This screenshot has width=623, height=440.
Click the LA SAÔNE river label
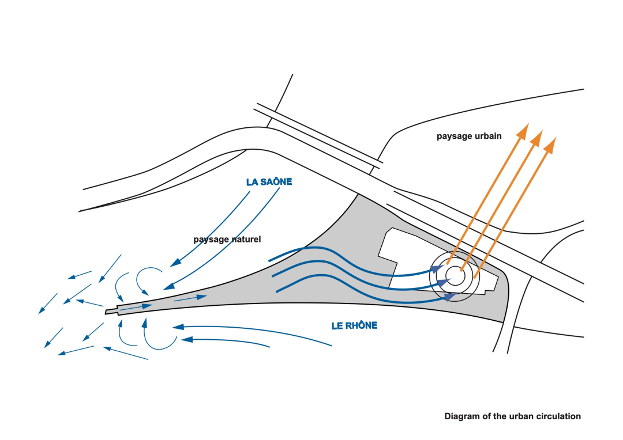pyautogui.click(x=269, y=182)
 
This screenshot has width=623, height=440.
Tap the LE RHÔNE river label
pyautogui.click(x=354, y=325)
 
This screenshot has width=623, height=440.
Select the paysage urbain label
pyautogui.click(x=469, y=136)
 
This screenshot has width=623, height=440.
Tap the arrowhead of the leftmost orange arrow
pyautogui.click(x=523, y=130)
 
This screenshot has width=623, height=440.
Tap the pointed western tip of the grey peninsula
pyautogui.click(x=107, y=312)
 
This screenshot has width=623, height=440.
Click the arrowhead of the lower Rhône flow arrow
pyautogui.click(x=186, y=340)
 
